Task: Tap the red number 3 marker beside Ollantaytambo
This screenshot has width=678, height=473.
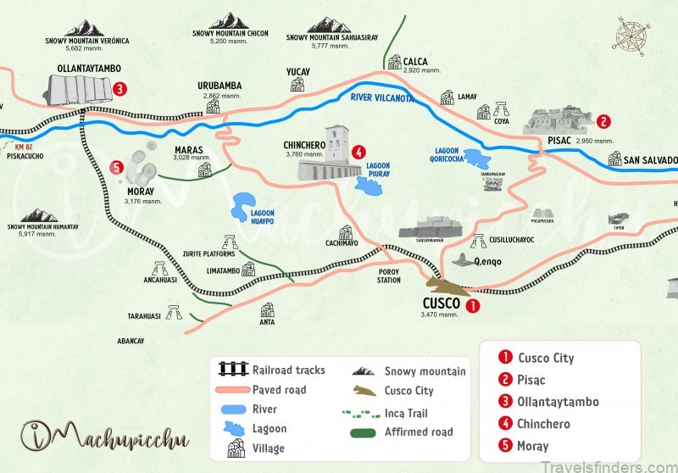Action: (x=120, y=87)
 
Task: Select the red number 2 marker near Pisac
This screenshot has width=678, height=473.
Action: (x=603, y=121)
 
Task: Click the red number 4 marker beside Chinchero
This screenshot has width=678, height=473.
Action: (x=359, y=153)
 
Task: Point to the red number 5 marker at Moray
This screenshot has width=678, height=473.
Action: (x=116, y=167)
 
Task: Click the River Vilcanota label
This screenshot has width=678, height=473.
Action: (x=381, y=98)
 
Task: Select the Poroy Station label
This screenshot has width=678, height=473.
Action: (x=389, y=275)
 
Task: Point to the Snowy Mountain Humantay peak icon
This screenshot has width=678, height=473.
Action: (x=40, y=215)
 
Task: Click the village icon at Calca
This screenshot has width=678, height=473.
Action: (x=394, y=62)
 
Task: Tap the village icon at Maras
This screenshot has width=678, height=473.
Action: (x=204, y=170)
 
